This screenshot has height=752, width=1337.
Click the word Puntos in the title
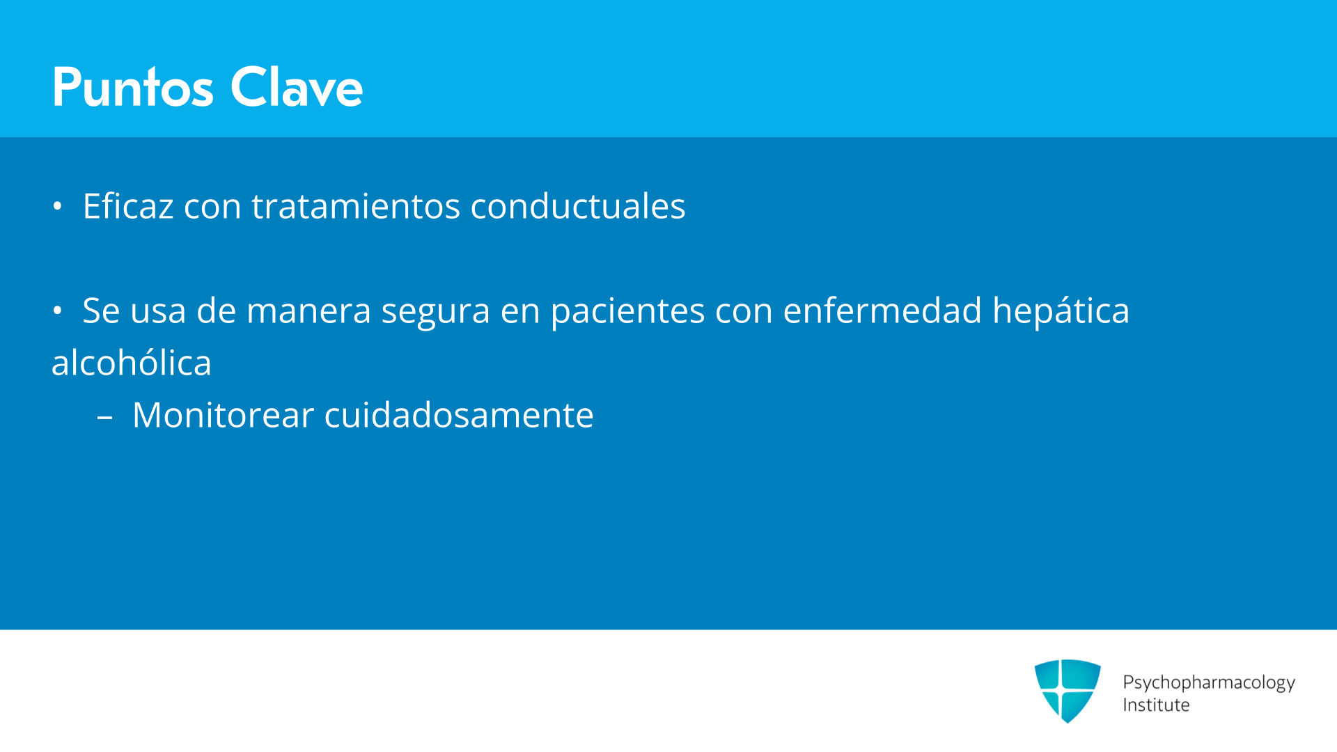(x=132, y=87)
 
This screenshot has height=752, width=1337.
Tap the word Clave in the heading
(x=297, y=87)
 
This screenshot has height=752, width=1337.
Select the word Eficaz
(x=128, y=206)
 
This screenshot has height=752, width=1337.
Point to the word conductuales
(x=578, y=206)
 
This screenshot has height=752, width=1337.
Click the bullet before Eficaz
(x=57, y=206)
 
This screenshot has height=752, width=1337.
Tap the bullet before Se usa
(x=57, y=311)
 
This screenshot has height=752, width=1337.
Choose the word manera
(x=309, y=311)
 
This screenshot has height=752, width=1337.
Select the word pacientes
(x=627, y=312)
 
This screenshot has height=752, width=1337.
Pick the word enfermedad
(x=882, y=311)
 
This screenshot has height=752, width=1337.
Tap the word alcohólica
(x=132, y=363)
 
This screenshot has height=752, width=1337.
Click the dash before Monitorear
(x=105, y=418)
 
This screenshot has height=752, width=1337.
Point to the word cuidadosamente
(x=459, y=415)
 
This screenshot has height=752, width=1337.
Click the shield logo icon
(x=1068, y=691)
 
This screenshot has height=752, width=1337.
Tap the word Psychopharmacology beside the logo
(x=1209, y=683)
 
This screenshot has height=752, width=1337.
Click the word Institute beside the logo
(x=1156, y=705)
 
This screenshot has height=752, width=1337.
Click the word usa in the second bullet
(x=158, y=311)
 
